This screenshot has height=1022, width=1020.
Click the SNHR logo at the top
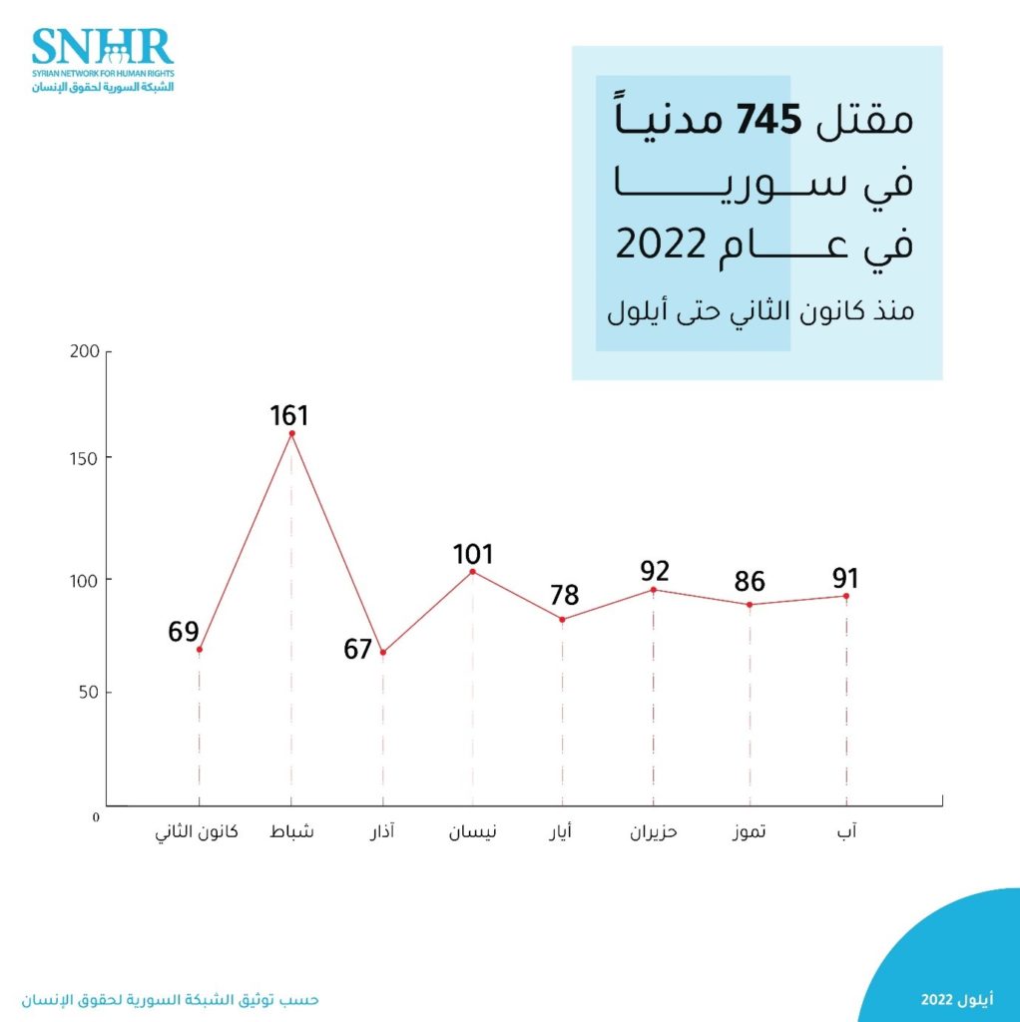(x=102, y=60)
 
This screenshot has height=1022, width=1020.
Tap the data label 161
(x=289, y=415)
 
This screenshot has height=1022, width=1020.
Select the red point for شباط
(x=291, y=433)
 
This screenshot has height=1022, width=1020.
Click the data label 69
(x=184, y=633)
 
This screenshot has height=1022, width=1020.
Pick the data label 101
(x=472, y=554)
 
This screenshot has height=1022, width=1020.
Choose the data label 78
(x=564, y=596)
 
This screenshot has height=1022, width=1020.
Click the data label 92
(x=655, y=572)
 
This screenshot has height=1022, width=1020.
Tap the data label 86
(x=751, y=582)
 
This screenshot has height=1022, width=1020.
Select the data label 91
(x=844, y=579)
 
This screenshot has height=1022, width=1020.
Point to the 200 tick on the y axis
(x=85, y=351)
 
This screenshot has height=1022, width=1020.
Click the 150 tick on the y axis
(x=85, y=458)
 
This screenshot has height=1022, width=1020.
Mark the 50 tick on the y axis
(x=89, y=693)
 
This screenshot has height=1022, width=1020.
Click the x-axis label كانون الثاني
(x=197, y=832)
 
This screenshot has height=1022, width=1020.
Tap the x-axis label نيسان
(x=473, y=832)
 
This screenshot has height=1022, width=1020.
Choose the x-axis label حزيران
(x=654, y=832)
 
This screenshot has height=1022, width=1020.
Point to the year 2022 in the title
(x=662, y=245)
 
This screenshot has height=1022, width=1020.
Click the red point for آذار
(x=382, y=653)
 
